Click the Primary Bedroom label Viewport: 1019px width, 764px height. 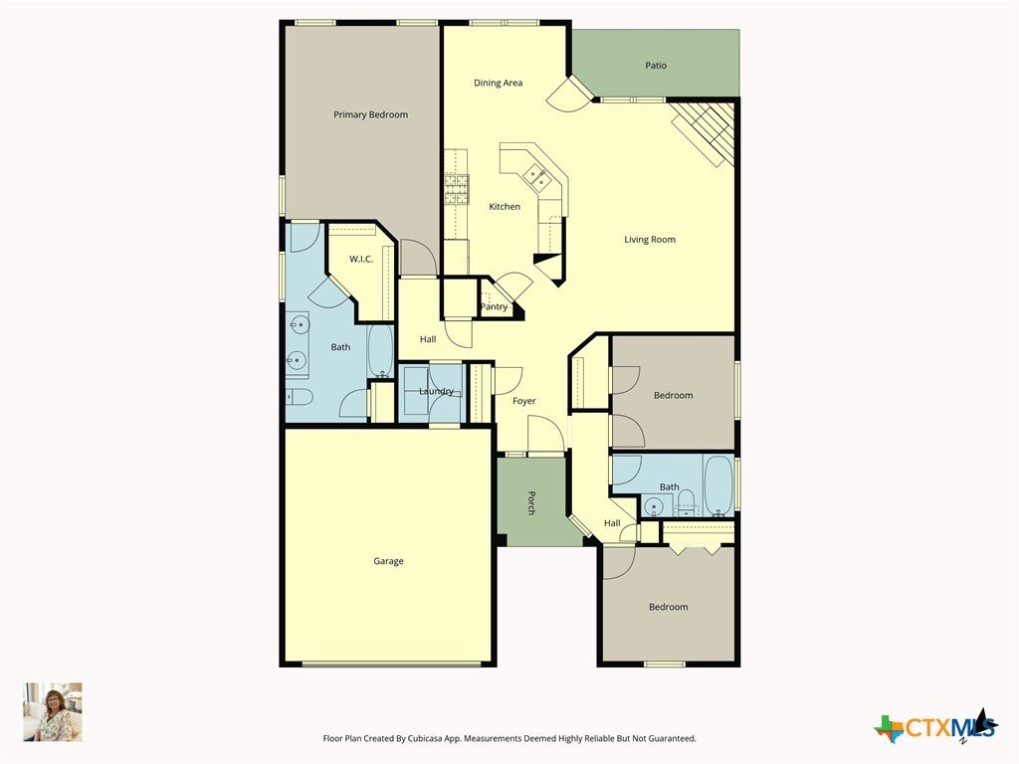[370, 115]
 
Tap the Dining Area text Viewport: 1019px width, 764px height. [498, 84]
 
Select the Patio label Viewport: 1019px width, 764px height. [656, 66]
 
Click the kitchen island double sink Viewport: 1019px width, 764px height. [536, 176]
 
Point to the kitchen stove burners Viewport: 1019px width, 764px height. [456, 189]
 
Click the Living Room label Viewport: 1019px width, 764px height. [650, 240]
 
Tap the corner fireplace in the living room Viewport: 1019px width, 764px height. [704, 132]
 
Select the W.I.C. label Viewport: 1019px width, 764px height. [361, 260]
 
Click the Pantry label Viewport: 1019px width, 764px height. [494, 306]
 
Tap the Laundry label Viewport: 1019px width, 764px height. [436, 391]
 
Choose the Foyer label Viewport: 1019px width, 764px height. [523, 401]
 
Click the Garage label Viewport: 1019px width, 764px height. [388, 561]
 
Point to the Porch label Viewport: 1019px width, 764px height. [531, 502]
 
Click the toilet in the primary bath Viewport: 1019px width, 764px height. [300, 396]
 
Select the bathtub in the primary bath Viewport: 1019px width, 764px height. [380, 350]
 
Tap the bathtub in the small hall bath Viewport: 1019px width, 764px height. [718, 485]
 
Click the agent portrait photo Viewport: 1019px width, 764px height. [53, 712]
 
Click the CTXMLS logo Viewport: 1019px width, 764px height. [935, 725]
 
